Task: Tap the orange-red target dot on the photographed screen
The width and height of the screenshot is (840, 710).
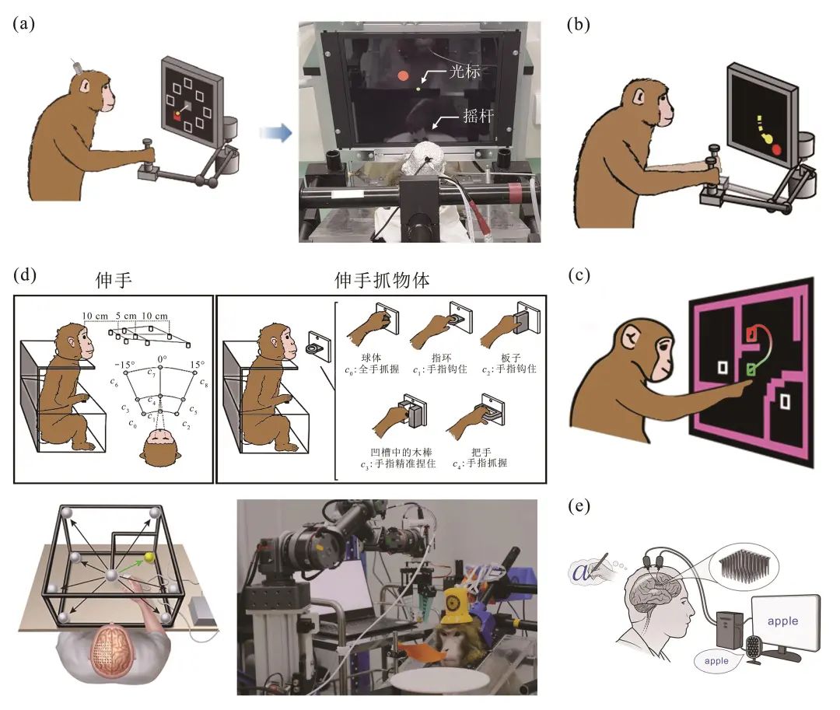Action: tap(403, 75)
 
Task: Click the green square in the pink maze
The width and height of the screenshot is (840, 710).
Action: tap(751, 369)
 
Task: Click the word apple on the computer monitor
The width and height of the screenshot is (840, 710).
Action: tap(783, 621)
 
